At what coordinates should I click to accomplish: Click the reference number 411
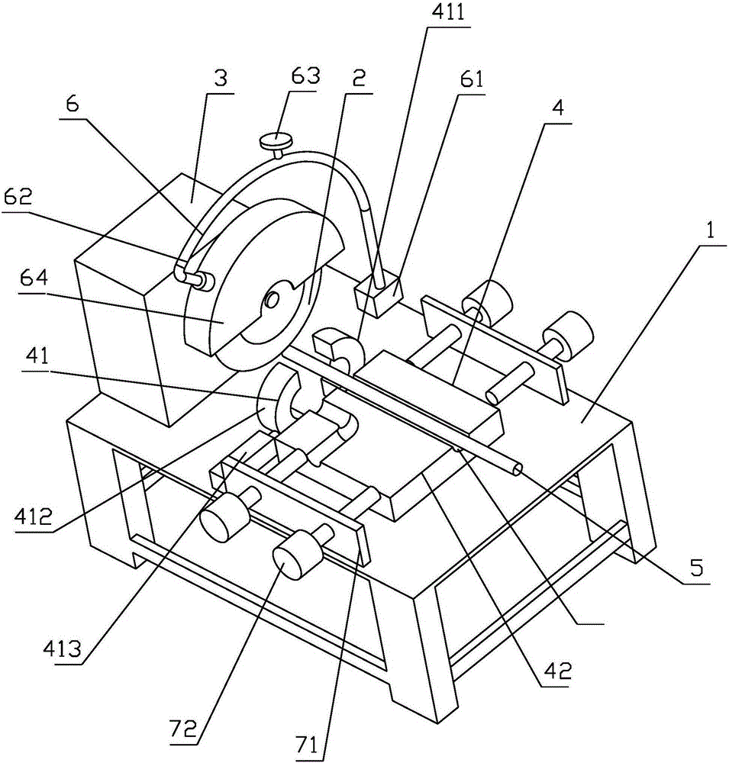449,13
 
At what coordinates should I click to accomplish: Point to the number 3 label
221,79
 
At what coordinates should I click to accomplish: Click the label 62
17,198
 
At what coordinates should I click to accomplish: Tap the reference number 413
63,648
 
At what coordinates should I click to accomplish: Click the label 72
184,729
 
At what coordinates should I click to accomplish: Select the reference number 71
308,745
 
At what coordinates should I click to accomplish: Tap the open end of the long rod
516,469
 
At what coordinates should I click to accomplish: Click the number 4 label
558,108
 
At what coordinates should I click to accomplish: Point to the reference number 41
39,356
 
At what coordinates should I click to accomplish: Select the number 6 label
73,104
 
